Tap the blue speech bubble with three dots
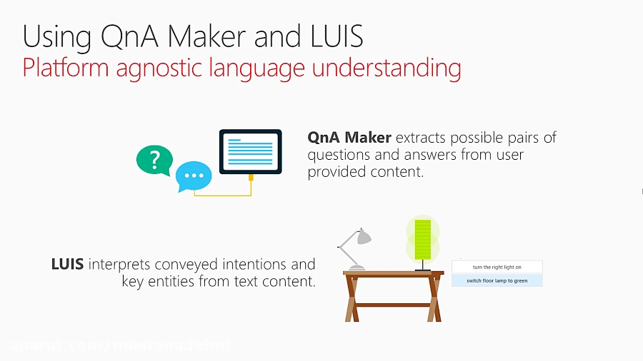[194, 175]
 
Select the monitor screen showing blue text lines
[250, 151]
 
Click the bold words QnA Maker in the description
[349, 136]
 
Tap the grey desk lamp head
[364, 237]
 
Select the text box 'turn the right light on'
[497, 267]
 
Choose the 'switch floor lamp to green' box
[497, 280]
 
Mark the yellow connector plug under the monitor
[251, 178]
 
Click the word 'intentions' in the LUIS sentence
[257, 264]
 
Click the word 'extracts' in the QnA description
[421, 136]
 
